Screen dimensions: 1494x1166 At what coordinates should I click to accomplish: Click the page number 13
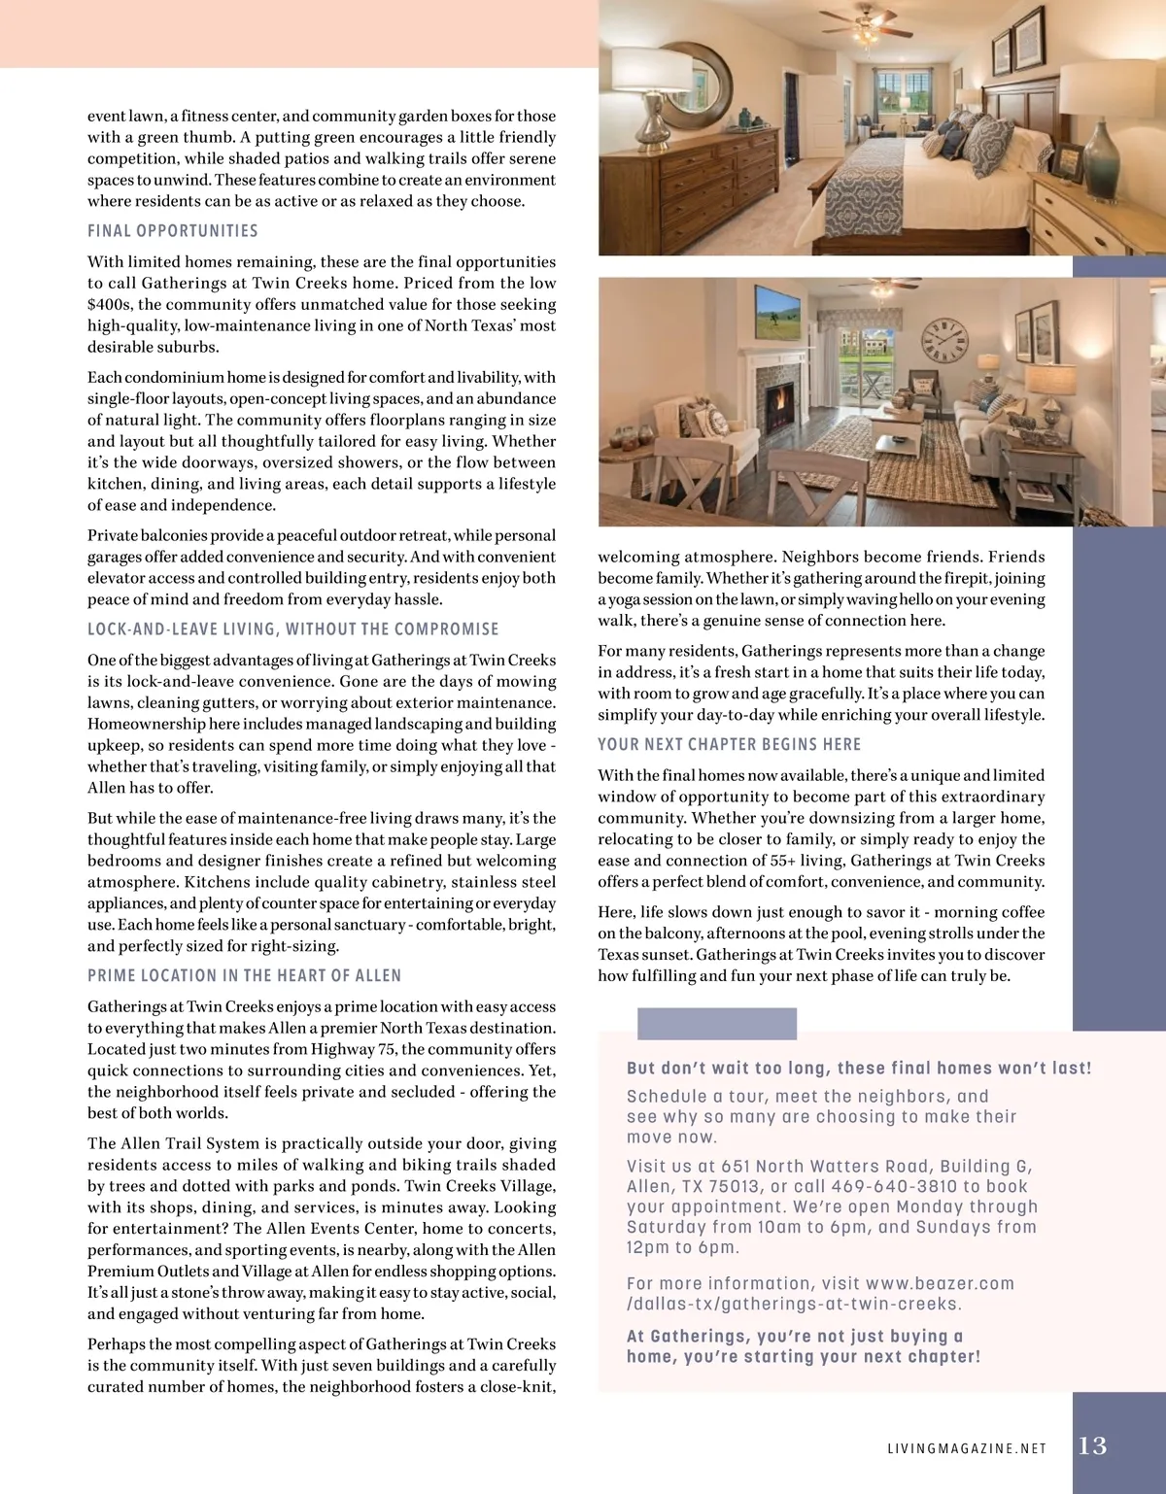[x=1093, y=1445]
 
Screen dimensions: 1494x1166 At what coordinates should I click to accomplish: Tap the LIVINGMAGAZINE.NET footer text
[x=967, y=1448]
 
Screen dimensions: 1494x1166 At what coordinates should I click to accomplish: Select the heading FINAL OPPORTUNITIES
[x=173, y=231]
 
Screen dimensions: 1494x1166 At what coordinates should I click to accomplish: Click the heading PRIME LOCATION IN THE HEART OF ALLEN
[x=244, y=976]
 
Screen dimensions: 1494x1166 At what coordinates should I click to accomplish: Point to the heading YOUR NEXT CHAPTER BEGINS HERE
[x=729, y=745]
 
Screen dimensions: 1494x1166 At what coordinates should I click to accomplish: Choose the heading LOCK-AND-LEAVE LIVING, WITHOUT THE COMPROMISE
[x=292, y=629]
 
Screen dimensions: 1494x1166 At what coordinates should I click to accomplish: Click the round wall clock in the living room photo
[x=945, y=339]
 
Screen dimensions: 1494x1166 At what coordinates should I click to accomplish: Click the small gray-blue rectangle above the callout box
[x=716, y=1024]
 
